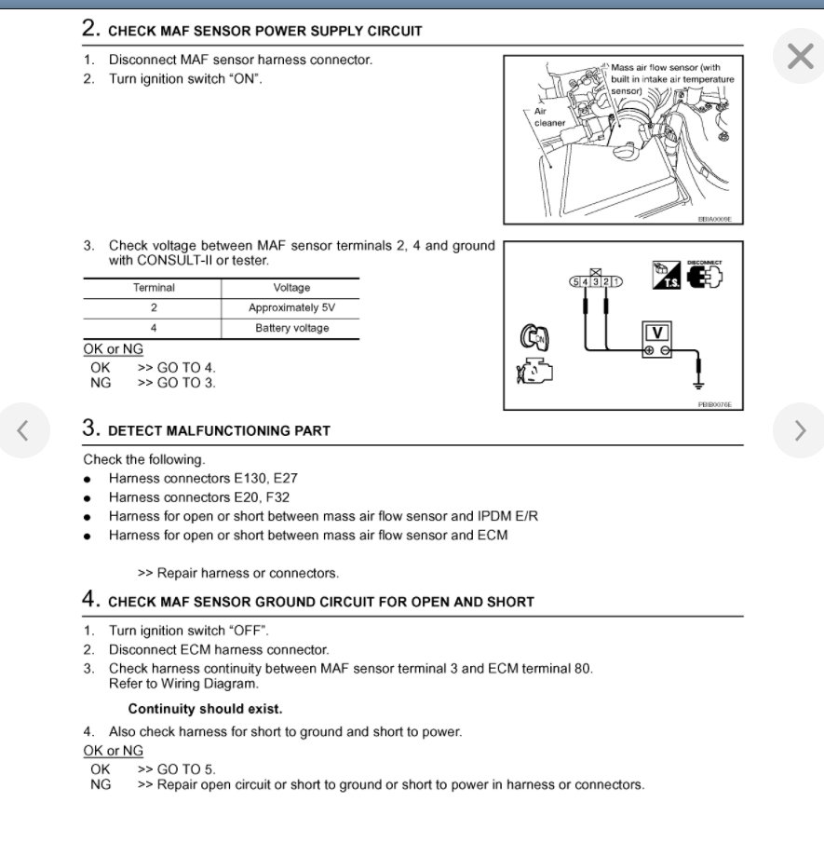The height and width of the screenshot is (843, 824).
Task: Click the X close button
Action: [800, 57]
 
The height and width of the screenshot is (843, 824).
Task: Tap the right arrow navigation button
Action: [800, 429]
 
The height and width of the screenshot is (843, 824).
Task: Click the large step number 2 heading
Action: [91, 29]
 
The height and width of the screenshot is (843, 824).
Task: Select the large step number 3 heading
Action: [91, 429]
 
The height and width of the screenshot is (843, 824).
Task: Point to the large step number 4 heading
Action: [91, 600]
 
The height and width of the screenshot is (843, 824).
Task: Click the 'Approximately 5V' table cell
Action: [290, 307]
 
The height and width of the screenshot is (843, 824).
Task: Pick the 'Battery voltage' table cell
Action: [291, 328]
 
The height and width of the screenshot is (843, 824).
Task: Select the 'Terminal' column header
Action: [154, 288]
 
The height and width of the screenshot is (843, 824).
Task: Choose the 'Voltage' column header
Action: [291, 288]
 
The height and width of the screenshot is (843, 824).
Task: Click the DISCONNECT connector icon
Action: [705, 275]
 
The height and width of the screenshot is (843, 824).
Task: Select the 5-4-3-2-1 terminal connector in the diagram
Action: [596, 280]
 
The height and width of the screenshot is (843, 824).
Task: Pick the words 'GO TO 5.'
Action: [176, 769]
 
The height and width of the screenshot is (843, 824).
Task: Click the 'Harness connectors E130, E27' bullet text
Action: [203, 478]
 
